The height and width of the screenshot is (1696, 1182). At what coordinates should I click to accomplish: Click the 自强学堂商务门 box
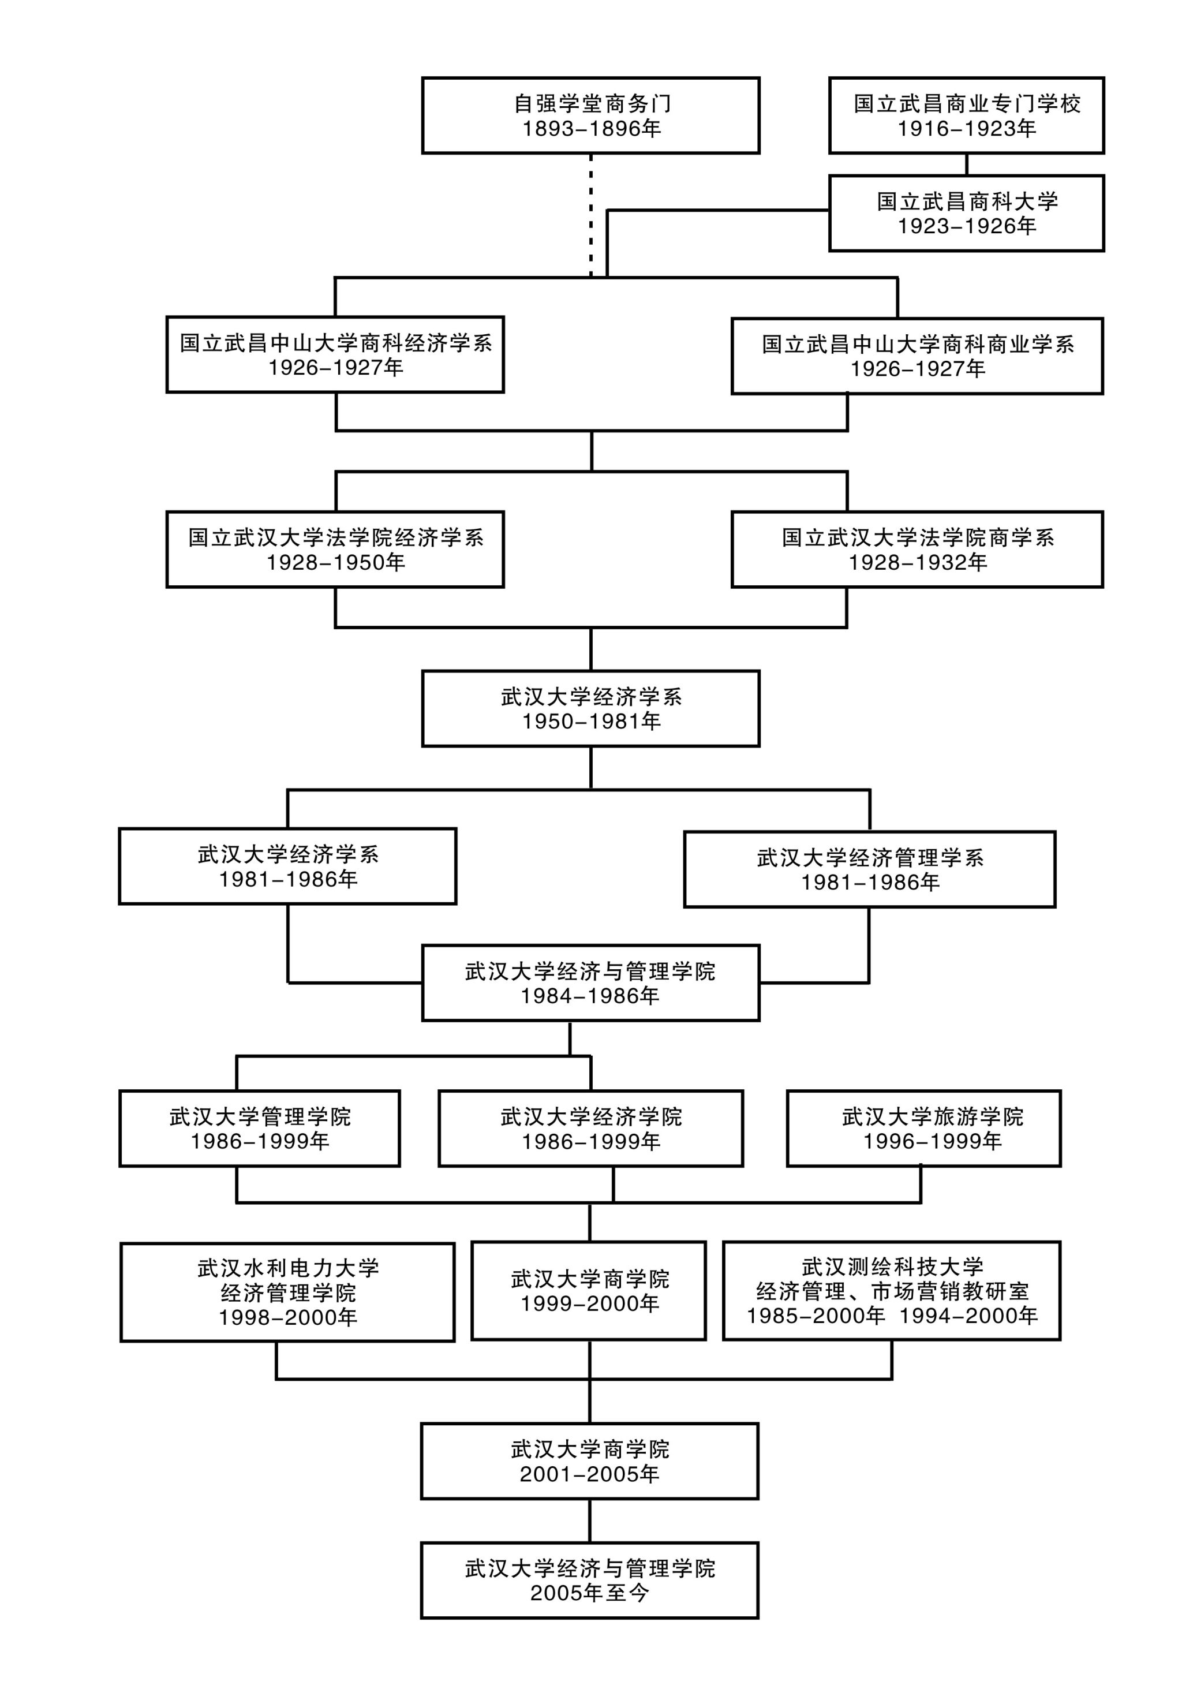pyautogui.click(x=590, y=115)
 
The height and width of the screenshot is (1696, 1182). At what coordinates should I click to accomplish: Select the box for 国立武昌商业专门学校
pyautogui.click(x=966, y=115)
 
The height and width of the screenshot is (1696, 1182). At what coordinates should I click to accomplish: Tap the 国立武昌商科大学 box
pyautogui.click(x=966, y=213)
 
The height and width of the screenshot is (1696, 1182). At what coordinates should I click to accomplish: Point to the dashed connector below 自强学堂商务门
pyautogui.click(x=591, y=214)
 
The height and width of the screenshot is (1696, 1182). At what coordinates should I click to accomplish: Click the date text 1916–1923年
pyautogui.click(x=966, y=129)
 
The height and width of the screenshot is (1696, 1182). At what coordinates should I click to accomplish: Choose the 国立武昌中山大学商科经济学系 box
pyautogui.click(x=335, y=354)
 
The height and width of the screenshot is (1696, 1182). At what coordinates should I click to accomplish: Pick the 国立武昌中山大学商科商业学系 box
pyautogui.click(x=917, y=356)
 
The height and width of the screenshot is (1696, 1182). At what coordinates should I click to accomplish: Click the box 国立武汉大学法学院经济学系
pyautogui.click(x=335, y=550)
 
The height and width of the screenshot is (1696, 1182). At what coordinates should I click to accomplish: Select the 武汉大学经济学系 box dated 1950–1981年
pyautogui.click(x=590, y=708)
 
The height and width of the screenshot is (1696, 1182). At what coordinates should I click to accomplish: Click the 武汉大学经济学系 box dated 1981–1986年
pyautogui.click(x=287, y=866)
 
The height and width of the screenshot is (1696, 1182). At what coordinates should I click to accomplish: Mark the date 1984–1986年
pyautogui.click(x=589, y=996)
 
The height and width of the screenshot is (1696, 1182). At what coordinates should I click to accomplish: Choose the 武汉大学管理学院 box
pyautogui.click(x=259, y=1129)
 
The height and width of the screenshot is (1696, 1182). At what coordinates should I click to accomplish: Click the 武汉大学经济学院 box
pyautogui.click(x=590, y=1129)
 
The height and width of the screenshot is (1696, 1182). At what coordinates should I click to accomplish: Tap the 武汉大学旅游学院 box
pyautogui.click(x=923, y=1129)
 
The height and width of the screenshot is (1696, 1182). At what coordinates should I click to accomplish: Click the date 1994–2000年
pyautogui.click(x=968, y=1316)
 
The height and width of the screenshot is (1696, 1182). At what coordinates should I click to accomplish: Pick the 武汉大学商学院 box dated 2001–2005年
pyautogui.click(x=589, y=1461)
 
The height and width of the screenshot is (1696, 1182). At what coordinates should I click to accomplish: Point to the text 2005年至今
pyautogui.click(x=589, y=1593)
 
